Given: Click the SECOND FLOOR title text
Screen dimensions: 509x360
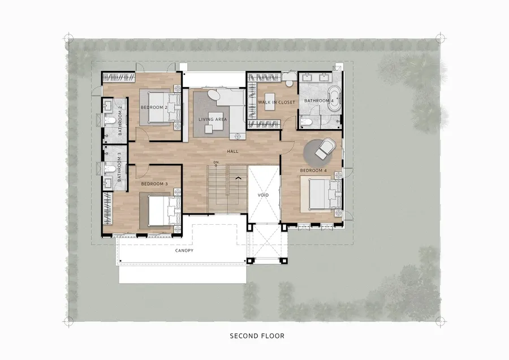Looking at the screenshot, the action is point(257,336).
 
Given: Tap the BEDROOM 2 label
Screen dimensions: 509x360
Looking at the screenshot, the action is point(154,108).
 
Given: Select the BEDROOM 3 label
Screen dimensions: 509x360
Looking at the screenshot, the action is point(154,184).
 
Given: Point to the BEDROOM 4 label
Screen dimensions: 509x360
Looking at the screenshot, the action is point(313,170).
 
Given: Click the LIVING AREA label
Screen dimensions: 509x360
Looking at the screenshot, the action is point(213,119).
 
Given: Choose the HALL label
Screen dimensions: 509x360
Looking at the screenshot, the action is point(233,151).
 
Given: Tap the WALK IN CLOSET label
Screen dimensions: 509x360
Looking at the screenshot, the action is point(277,102).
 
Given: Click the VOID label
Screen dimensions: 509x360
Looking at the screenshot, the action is point(263,195).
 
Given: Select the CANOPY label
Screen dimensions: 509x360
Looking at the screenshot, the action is point(184,251).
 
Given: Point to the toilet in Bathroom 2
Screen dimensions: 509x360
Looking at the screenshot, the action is point(109,121).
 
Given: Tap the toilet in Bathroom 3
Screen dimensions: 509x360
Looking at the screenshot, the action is point(109,169).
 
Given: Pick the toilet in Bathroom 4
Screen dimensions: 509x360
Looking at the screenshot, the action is point(307,122).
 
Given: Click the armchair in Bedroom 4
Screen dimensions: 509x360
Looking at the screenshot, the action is point(325,148).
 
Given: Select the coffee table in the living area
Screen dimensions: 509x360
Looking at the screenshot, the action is point(209,129).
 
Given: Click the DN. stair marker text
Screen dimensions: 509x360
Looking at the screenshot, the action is point(217,162).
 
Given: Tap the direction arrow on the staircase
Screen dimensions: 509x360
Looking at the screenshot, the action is point(238,178).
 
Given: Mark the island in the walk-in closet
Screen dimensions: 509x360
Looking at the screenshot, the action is point(270,101).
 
